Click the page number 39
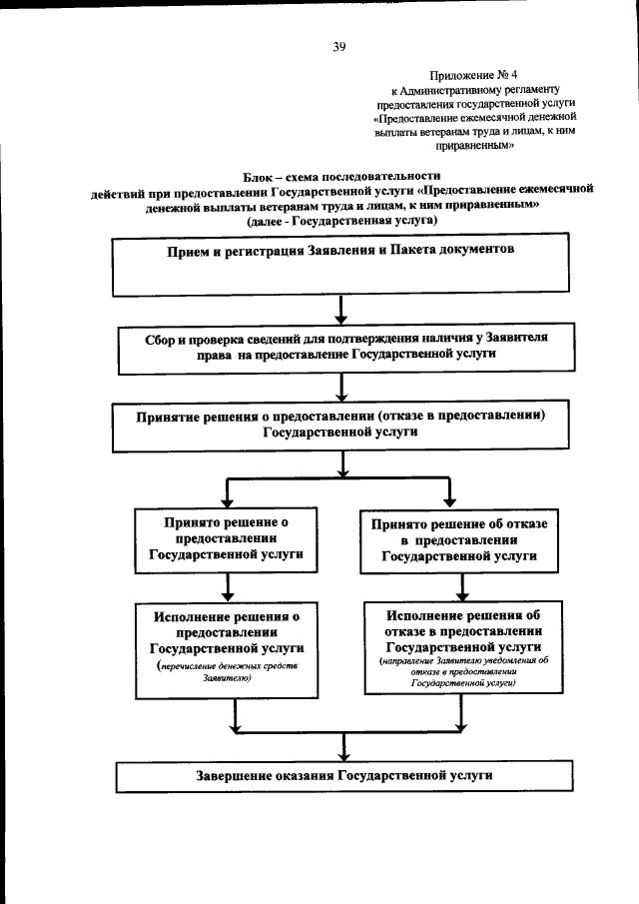(338, 46)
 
